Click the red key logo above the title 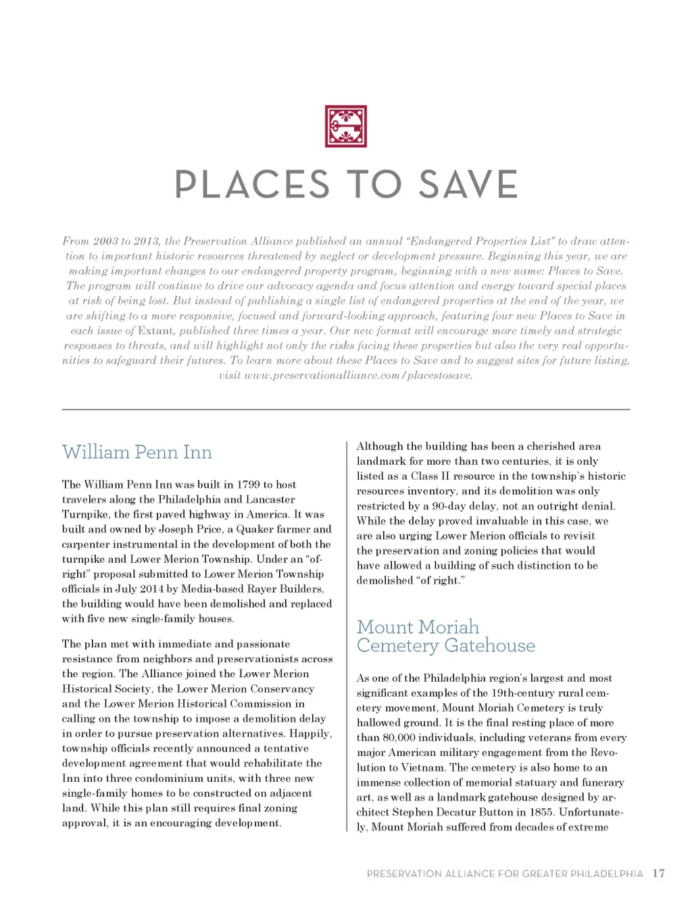345,126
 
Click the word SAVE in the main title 468,184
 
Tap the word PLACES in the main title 251,184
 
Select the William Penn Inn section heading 137,452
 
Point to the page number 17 659,873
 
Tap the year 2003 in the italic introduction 105,241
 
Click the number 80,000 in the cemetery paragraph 403,738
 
